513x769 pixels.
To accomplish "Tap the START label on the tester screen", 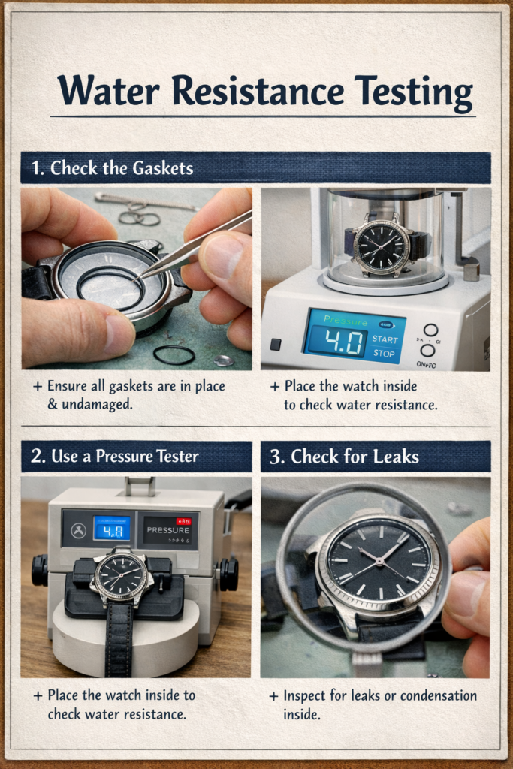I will coord(385,339).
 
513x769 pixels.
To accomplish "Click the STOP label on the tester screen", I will coord(384,354).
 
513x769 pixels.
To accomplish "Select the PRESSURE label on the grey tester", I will coord(168,529).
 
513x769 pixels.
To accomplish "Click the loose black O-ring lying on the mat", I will coord(174,354).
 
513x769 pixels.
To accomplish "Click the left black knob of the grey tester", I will coord(40,570).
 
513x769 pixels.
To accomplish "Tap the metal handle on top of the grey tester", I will coord(140,485).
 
